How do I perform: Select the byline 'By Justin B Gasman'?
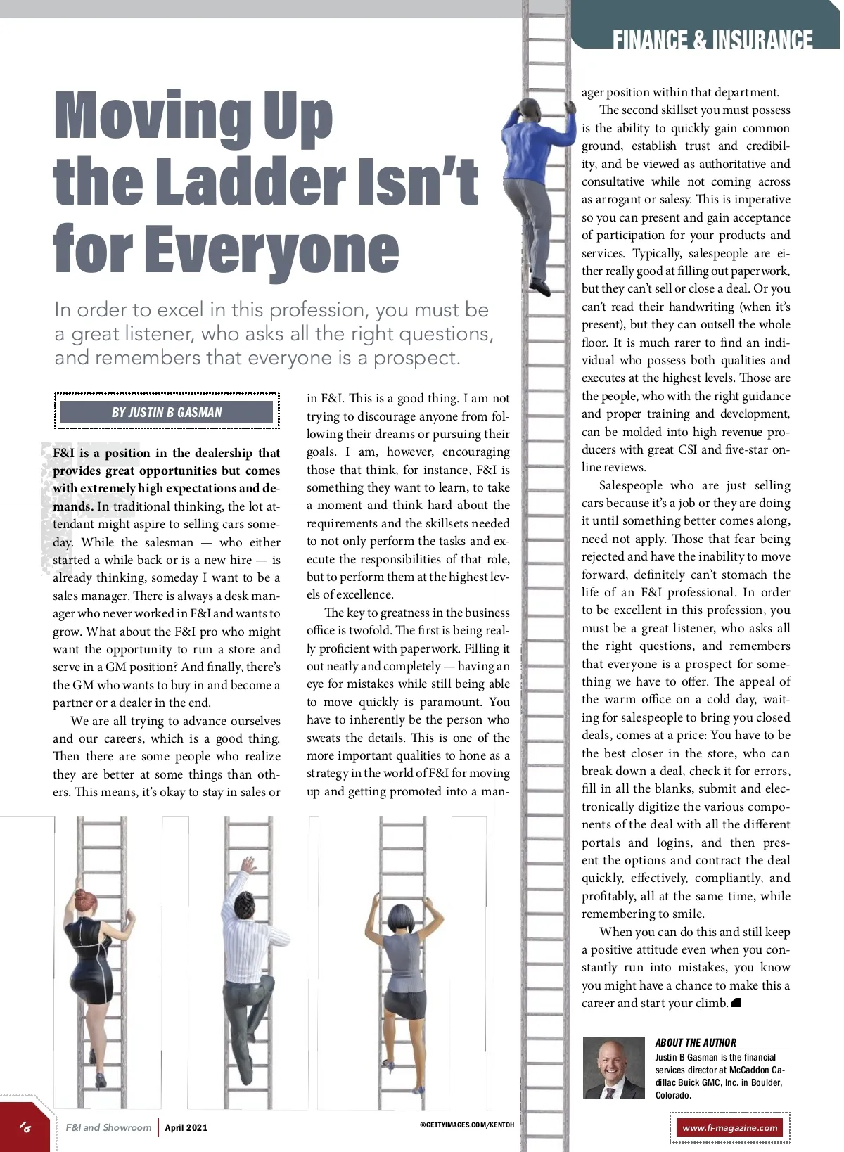click(x=167, y=412)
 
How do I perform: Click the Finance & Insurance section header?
click(x=712, y=39)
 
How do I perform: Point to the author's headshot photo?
click(x=613, y=1068)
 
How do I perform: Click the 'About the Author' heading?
click(x=696, y=1042)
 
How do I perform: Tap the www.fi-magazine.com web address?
click(x=730, y=1128)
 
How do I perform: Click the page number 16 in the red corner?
click(x=25, y=1127)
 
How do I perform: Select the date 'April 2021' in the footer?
click(x=186, y=1127)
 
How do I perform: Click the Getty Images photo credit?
click(x=467, y=1125)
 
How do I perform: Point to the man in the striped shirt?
click(x=245, y=964)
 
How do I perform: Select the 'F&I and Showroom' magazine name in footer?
click(x=108, y=1127)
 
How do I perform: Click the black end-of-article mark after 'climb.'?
click(x=736, y=1003)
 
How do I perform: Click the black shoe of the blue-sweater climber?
click(x=540, y=287)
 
